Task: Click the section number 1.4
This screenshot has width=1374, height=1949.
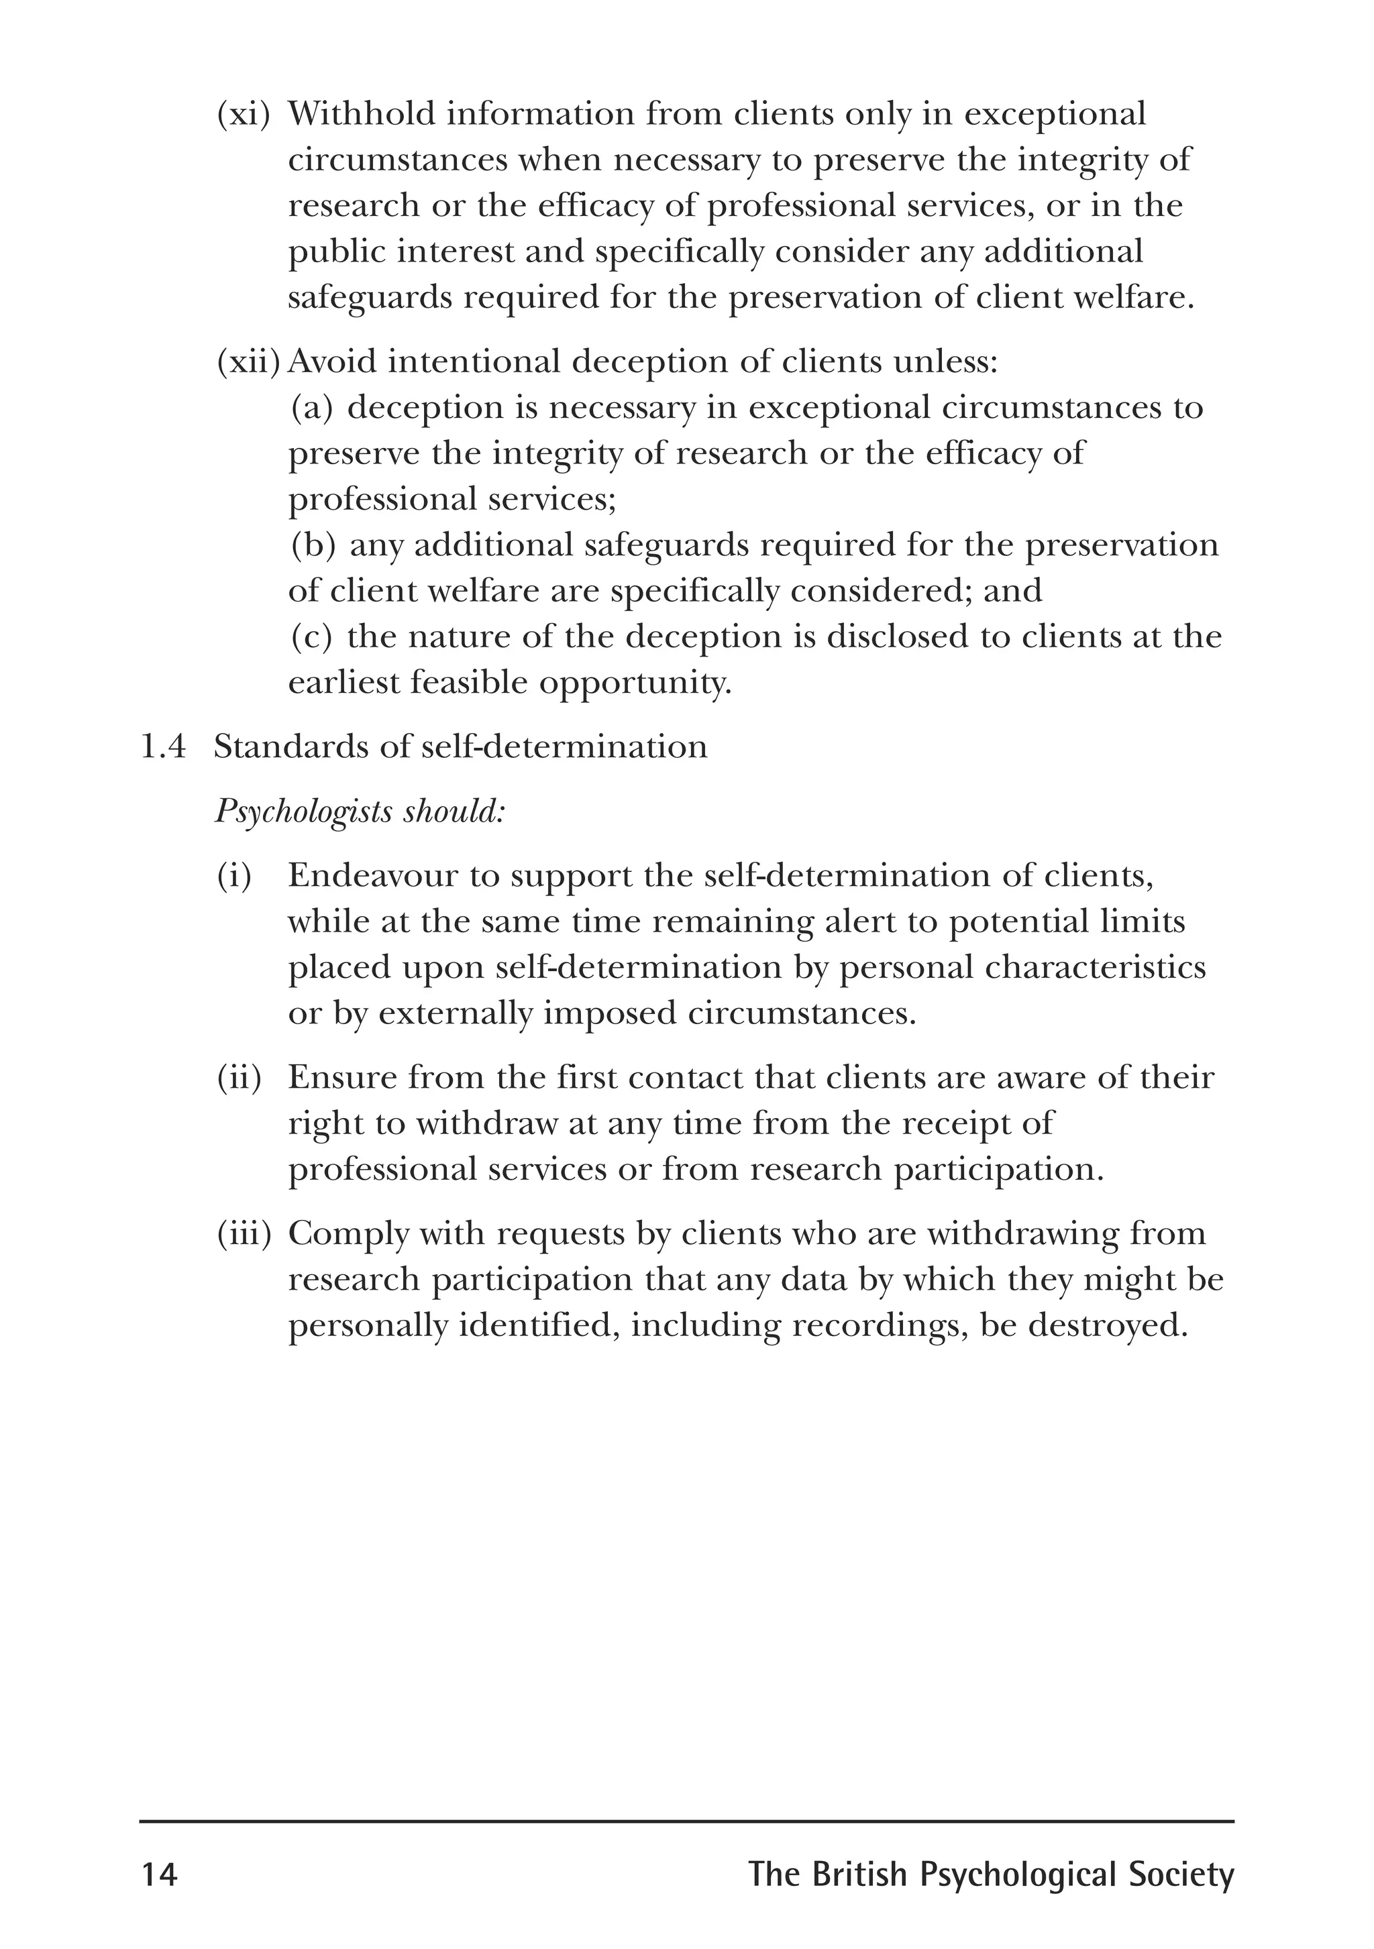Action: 162,747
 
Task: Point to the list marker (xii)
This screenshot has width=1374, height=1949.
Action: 249,362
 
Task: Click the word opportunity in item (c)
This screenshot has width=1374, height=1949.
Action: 635,683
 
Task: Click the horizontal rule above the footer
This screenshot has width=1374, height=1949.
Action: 686,1821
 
